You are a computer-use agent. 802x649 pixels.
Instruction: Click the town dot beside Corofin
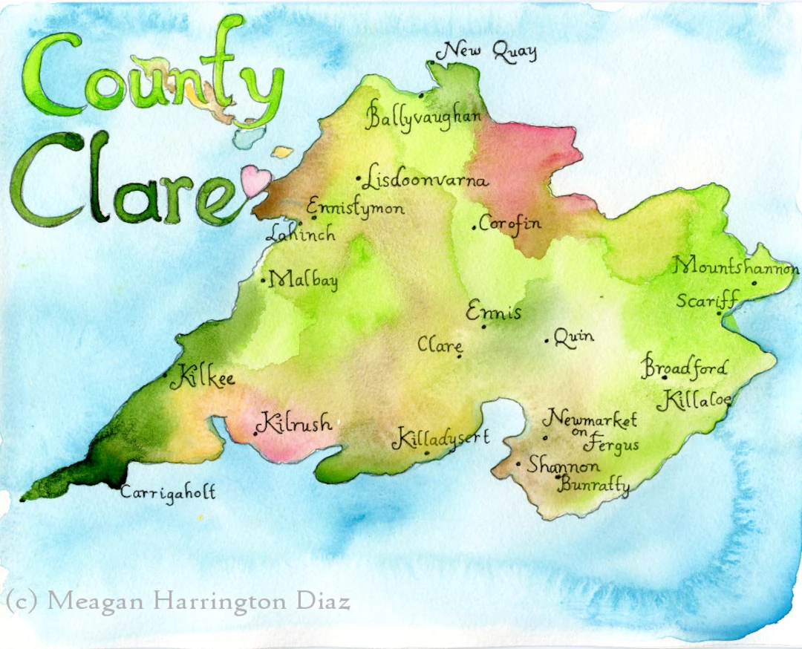(x=474, y=227)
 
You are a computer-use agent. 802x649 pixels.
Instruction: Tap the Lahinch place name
(x=300, y=234)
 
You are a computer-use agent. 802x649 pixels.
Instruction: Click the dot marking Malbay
(x=264, y=281)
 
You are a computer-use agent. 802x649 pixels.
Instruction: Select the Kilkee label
(x=202, y=379)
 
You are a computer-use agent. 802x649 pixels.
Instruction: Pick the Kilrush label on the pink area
(x=294, y=422)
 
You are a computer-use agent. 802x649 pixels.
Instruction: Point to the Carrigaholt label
(x=168, y=492)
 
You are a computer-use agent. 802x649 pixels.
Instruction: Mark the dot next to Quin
(x=547, y=341)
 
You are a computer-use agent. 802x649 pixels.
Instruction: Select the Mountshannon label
(x=736, y=267)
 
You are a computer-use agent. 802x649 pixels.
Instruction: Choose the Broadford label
(x=685, y=367)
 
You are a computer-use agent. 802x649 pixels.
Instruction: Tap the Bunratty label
(x=594, y=487)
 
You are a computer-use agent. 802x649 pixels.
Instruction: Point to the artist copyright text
(x=178, y=600)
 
